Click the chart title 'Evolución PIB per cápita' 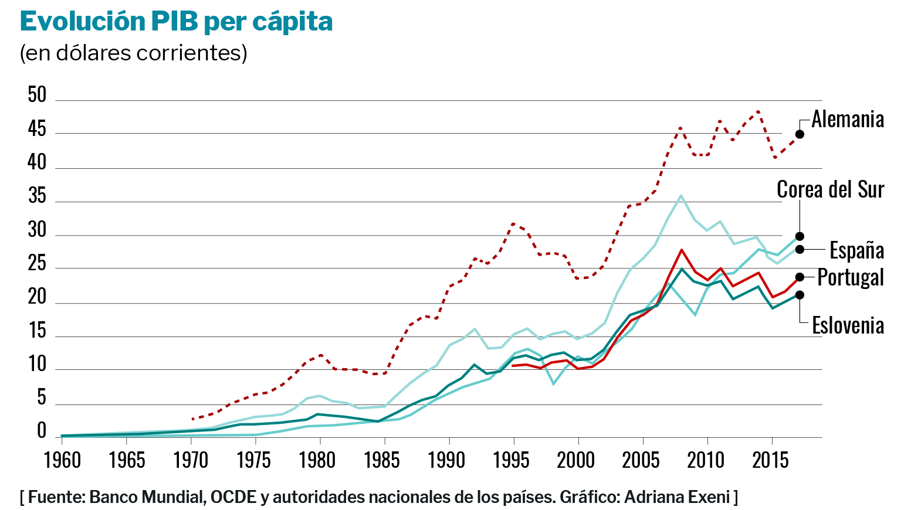(x=176, y=22)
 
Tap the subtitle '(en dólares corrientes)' (x=133, y=53)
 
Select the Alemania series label (x=848, y=120)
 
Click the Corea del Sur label (x=830, y=190)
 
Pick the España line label (x=856, y=250)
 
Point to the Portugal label (x=850, y=277)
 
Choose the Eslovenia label (x=848, y=325)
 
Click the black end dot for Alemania (x=800, y=134)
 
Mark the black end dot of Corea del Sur (x=800, y=236)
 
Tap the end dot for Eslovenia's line (x=800, y=295)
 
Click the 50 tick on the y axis (x=37, y=95)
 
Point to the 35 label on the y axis (x=37, y=196)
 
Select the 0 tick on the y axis (x=41, y=431)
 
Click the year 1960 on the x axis (x=62, y=461)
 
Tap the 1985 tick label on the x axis (x=382, y=461)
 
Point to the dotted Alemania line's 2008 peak (x=680, y=127)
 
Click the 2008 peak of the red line (x=681, y=250)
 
